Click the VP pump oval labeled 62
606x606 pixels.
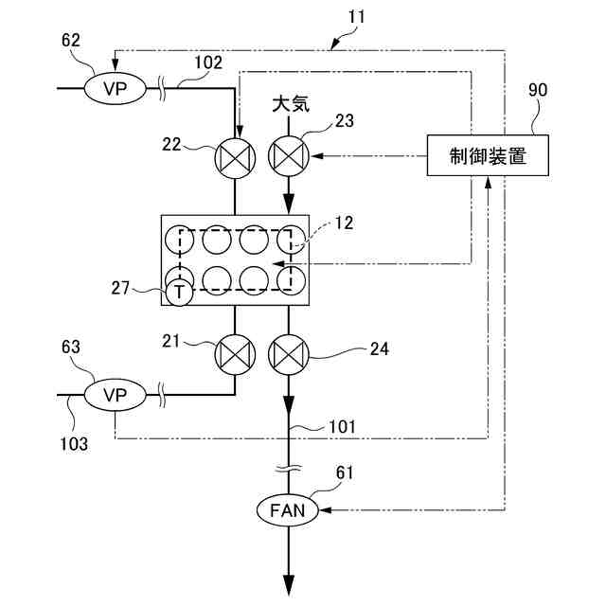pos(116,88)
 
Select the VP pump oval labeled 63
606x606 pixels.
pos(116,395)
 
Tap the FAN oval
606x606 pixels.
pos(288,510)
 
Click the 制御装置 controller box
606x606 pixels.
pos(488,155)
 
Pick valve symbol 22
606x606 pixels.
pos(235,158)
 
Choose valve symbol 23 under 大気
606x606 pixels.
pos(289,155)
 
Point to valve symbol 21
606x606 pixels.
pos(235,354)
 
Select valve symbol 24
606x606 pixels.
pos(289,354)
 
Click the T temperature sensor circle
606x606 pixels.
pos(179,292)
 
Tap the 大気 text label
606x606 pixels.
pos(291,104)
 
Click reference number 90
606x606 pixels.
pos(538,90)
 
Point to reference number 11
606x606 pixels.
pos(356,17)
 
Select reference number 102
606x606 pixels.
pos(208,62)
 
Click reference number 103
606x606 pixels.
pos(74,444)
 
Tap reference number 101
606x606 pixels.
pos(342,427)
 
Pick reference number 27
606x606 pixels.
pos(120,288)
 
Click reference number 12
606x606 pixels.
pos(344,223)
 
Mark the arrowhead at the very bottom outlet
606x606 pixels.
pos(289,586)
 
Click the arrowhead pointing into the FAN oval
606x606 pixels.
pos(326,510)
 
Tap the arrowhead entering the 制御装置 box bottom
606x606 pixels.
pos(489,183)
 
